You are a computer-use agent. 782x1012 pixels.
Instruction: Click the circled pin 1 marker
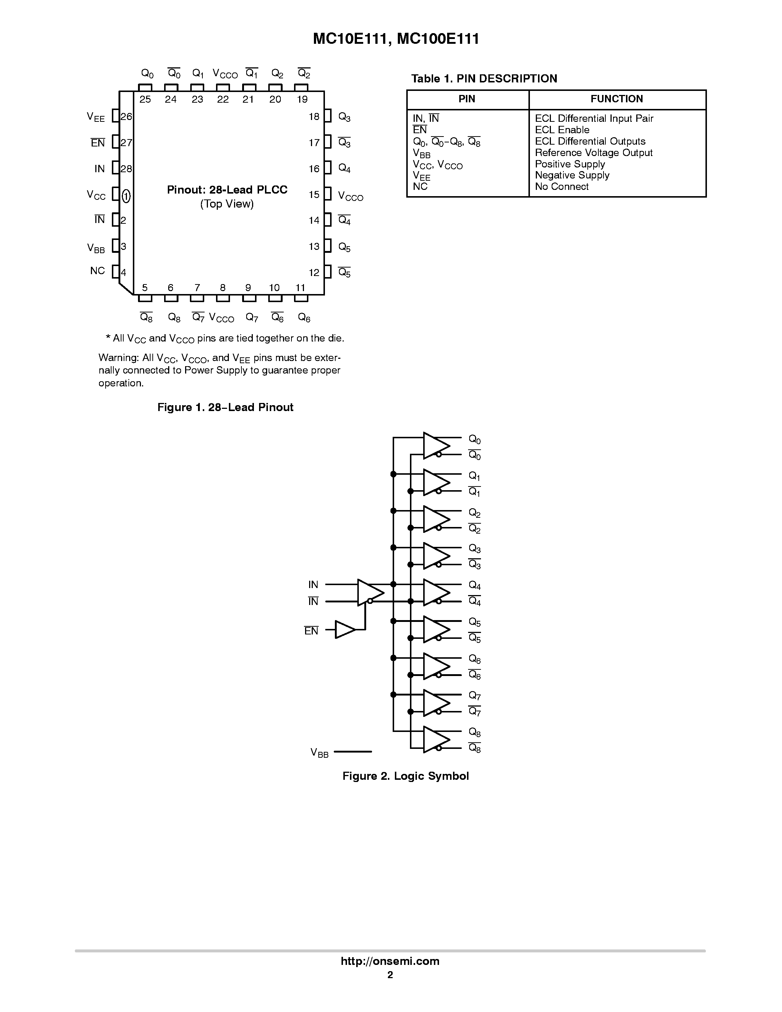tap(126, 197)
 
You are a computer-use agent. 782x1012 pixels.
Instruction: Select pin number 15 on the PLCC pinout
tap(314, 195)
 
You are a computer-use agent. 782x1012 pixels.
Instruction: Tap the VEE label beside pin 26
tap(96, 117)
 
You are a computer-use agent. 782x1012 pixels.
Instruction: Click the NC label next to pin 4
tap(97, 270)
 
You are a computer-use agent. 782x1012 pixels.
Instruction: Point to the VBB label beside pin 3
tap(96, 248)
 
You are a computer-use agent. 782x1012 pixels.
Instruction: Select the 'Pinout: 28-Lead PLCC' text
tap(227, 190)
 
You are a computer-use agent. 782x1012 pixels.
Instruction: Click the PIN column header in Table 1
tap(467, 99)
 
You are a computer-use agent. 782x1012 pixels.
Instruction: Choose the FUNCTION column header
tap(617, 99)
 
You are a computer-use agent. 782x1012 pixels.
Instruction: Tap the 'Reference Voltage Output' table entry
tap(594, 153)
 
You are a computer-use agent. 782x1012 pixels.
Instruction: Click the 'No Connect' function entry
tap(562, 187)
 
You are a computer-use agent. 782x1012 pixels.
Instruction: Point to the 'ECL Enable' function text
tap(562, 130)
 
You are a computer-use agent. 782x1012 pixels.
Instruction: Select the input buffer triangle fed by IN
tap(369, 592)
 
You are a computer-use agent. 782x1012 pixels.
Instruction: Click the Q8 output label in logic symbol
tap(474, 732)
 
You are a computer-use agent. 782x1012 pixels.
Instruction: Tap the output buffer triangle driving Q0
tap(435, 446)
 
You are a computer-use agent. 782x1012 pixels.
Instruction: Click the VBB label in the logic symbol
tap(319, 753)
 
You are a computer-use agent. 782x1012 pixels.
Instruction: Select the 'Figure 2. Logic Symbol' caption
tap(406, 776)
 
